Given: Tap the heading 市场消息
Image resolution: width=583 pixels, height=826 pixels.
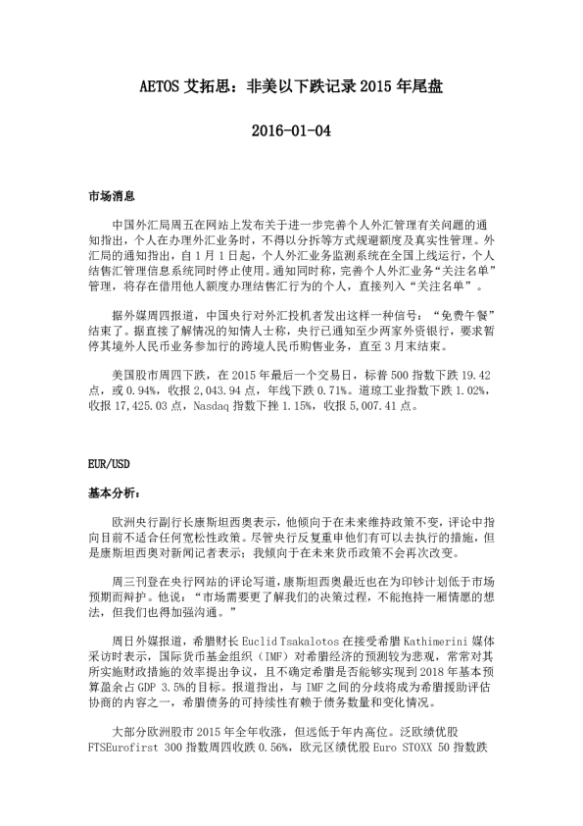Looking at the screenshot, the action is click(108, 197).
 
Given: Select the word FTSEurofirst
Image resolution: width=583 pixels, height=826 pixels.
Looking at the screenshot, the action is click(121, 773).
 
